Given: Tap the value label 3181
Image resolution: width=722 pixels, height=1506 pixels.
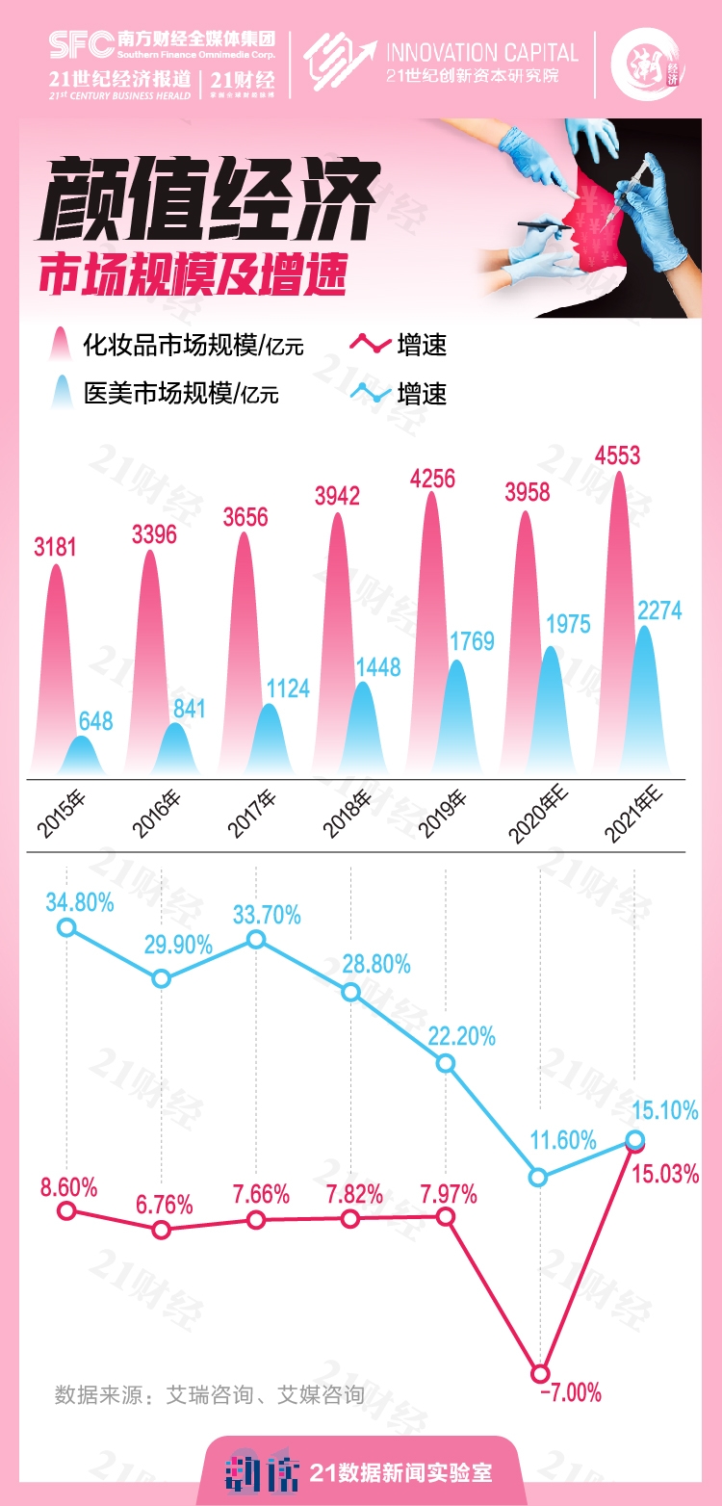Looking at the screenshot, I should point(54,548).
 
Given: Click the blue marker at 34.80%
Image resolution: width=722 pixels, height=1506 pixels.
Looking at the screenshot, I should point(66,927).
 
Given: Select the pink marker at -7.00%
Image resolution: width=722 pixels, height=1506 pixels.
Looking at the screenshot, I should point(540,1374).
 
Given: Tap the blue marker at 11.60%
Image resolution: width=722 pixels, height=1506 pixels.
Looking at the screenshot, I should point(540,1177).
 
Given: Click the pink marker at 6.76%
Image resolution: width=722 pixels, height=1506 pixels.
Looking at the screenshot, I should point(162,1230).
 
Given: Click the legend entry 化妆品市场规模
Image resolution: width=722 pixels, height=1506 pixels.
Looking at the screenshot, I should point(193,344).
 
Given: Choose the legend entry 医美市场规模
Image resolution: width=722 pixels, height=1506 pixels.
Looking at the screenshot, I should point(181,393).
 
